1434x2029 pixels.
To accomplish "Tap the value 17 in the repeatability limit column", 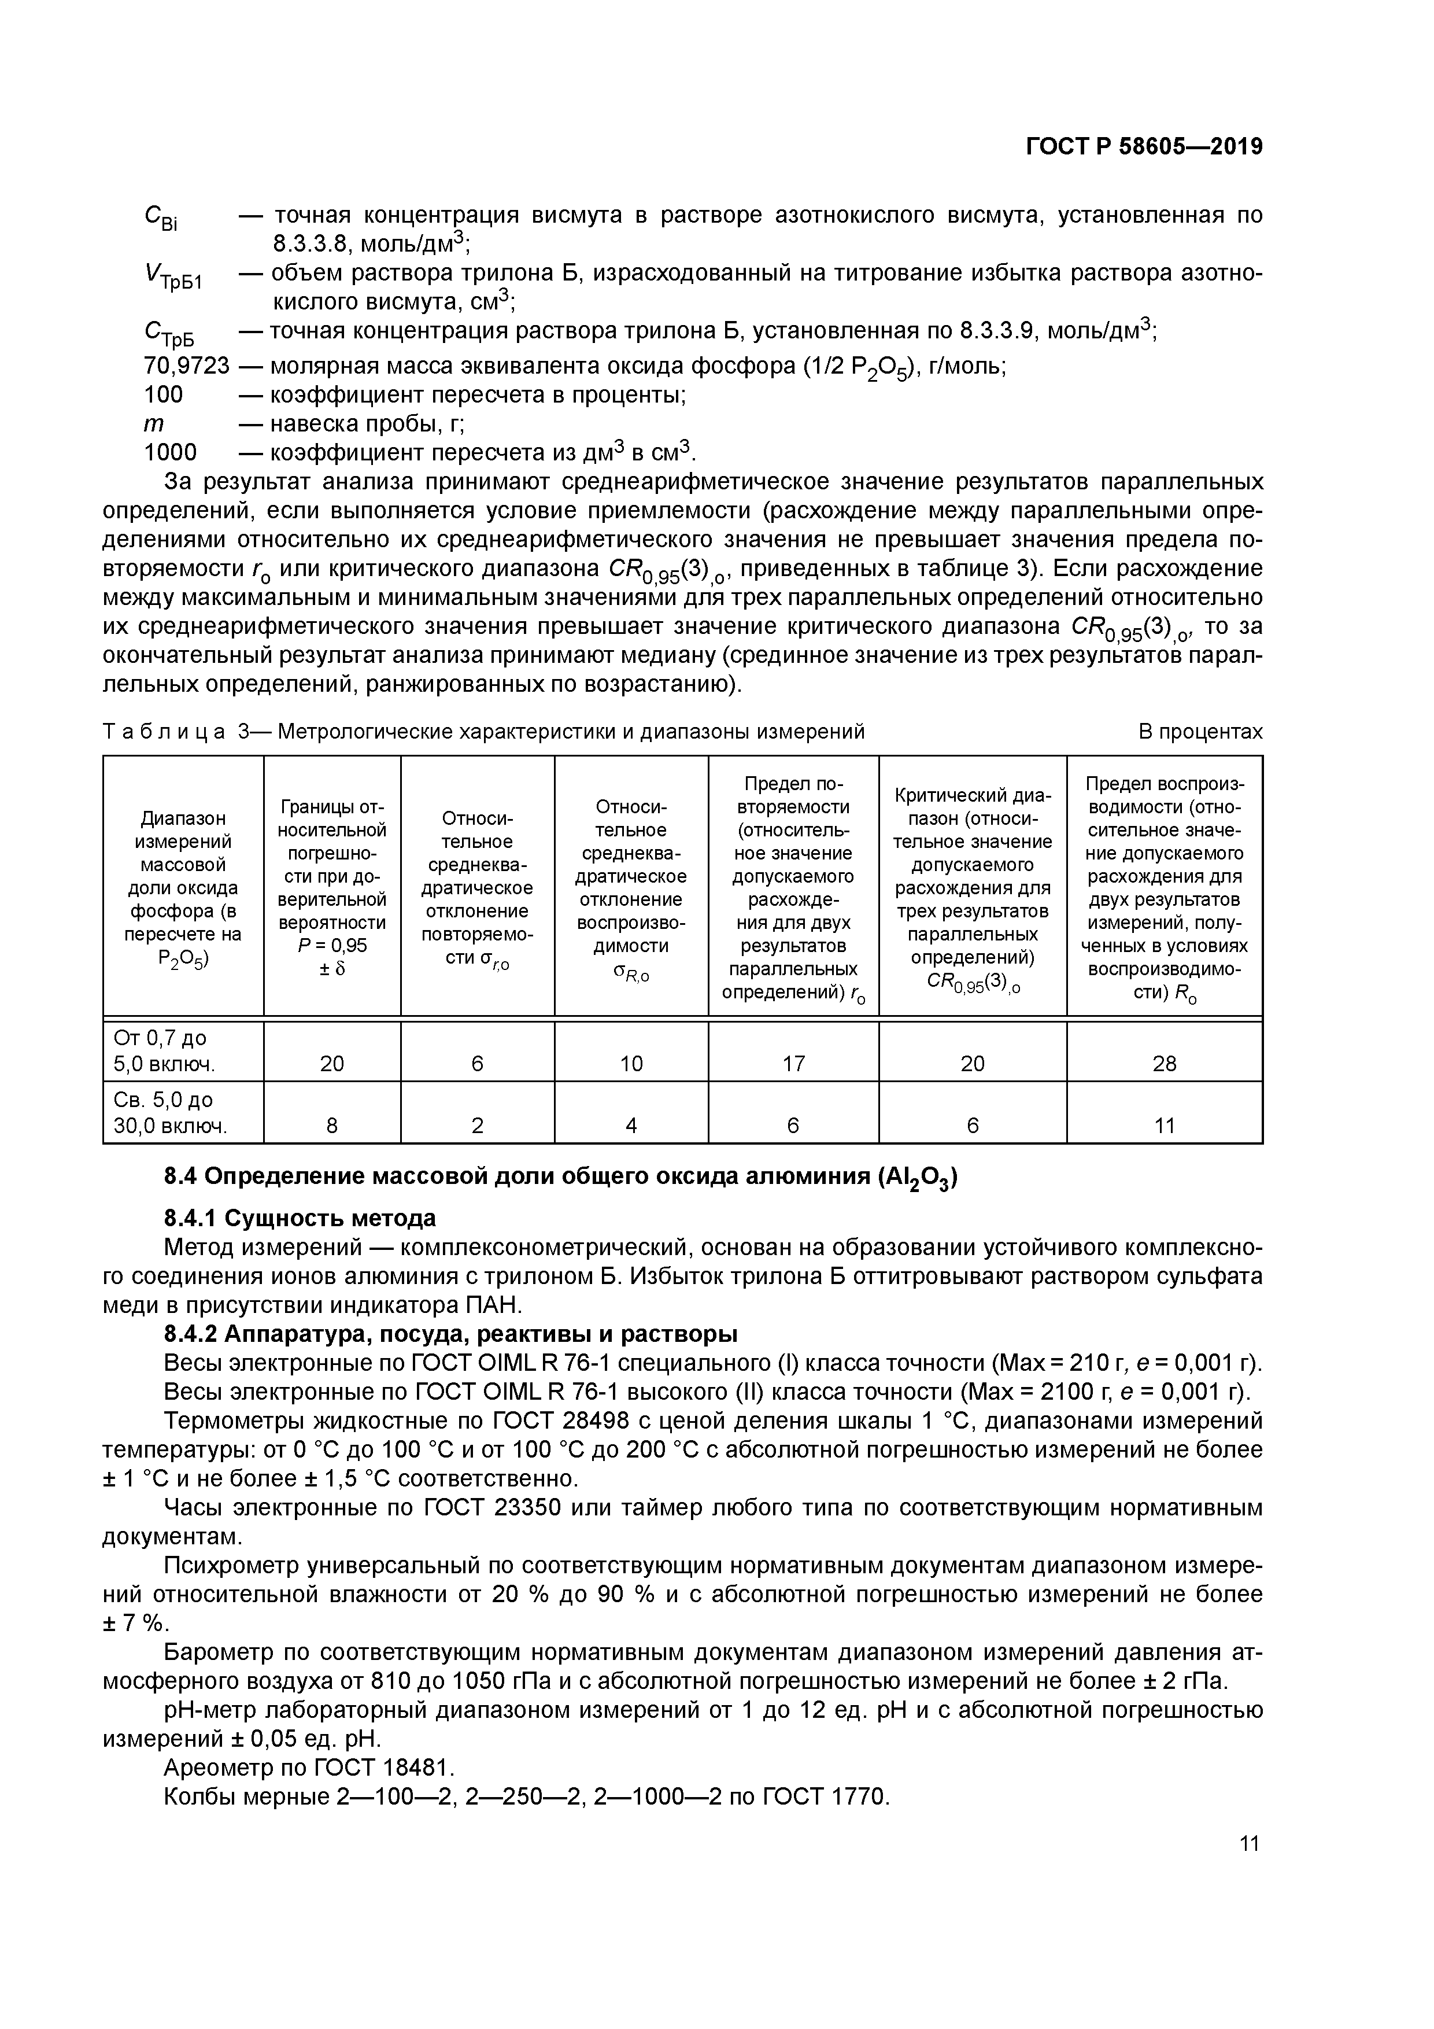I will click(x=793, y=1063).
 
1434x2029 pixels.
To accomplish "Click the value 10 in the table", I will click(x=631, y=1063).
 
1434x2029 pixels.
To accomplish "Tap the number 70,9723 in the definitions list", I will click(x=186, y=366).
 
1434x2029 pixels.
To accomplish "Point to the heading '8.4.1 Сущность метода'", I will click(x=301, y=1219).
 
